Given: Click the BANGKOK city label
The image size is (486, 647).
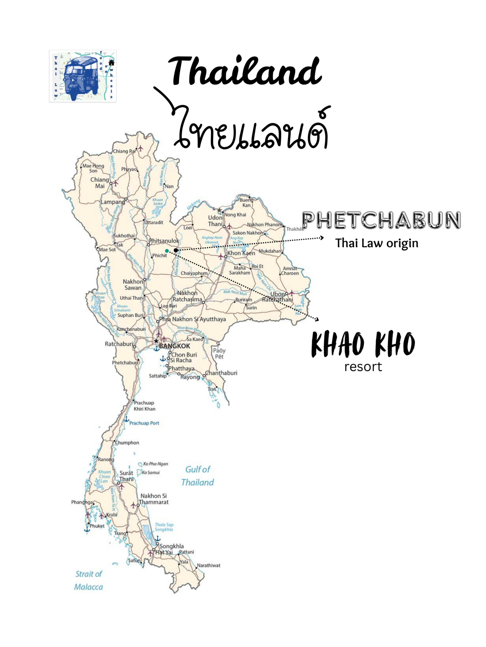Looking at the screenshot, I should coord(175,346).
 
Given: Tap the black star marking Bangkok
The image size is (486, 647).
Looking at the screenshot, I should coord(156,341).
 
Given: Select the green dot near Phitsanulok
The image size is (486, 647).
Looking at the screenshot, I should coord(167,251).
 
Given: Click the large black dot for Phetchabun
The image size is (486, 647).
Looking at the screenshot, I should coord(176,250).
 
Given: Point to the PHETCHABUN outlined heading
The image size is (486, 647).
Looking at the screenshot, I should coord(381,220).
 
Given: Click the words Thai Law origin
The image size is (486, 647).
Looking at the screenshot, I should coord(377,243).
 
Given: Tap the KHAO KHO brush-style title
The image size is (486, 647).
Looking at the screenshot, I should coord(363,345).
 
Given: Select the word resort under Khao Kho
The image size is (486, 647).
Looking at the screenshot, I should coord(363,367).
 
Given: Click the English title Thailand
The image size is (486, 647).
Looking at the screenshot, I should coord(245,71).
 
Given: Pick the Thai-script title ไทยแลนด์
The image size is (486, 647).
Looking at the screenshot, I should coord(252,129).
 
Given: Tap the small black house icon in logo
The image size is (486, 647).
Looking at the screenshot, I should coord(111,63).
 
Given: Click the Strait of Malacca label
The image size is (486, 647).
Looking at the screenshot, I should coord(89,580).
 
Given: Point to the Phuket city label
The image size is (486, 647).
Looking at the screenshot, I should coord(97,526).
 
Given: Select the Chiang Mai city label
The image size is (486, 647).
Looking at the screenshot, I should coord(100,183).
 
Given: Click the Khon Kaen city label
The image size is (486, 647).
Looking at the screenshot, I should coord(241,253).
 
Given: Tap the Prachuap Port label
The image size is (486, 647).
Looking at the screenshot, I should coord(144,423).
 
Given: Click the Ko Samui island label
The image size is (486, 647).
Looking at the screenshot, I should coord(151,472).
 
